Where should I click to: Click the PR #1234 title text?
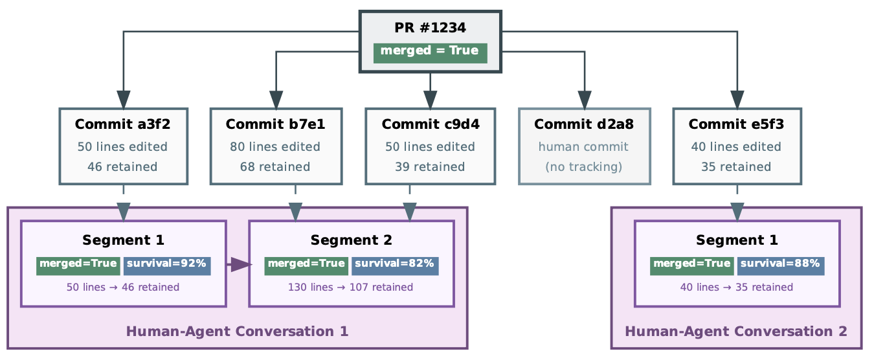pyautogui.click(x=430, y=28)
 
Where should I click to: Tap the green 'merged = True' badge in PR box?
pyautogui.click(x=430, y=51)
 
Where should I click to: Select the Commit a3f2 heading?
pyautogui.click(x=123, y=124)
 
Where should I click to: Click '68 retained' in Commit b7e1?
pyautogui.click(x=275, y=167)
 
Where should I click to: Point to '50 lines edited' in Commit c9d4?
pyautogui.click(x=430, y=147)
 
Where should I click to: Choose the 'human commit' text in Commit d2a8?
pyautogui.click(x=584, y=147)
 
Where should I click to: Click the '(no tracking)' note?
pyautogui.click(x=584, y=167)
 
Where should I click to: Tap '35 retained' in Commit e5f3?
pyautogui.click(x=736, y=167)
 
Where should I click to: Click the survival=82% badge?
pyautogui.click(x=395, y=264)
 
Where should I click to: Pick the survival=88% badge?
pyautogui.click(x=781, y=264)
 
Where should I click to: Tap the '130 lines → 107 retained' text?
pyautogui.click(x=350, y=287)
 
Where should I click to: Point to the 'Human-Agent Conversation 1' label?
pyautogui.click(x=237, y=332)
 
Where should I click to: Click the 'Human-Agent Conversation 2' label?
pyautogui.click(x=736, y=332)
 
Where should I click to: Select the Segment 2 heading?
pyautogui.click(x=351, y=240)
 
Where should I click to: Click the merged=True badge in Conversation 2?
pyautogui.click(x=691, y=264)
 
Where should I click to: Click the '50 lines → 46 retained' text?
pyautogui.click(x=123, y=287)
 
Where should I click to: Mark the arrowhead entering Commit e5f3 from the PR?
pyautogui.click(x=737, y=99)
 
